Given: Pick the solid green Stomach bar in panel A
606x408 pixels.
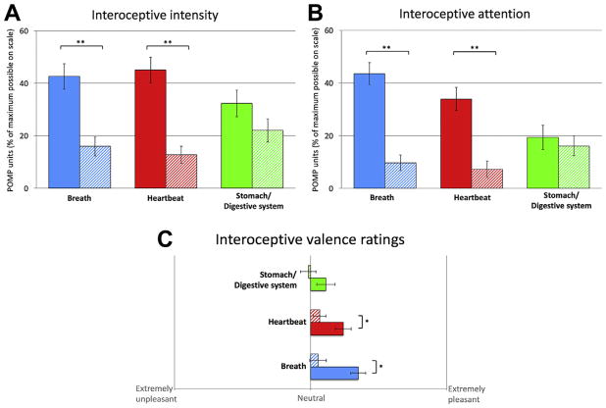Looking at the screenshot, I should pyautogui.click(x=236, y=145).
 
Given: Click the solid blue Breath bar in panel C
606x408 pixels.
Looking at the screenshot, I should pyautogui.click(x=333, y=373).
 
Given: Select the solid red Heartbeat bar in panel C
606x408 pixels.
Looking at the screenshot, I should pyautogui.click(x=327, y=329).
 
